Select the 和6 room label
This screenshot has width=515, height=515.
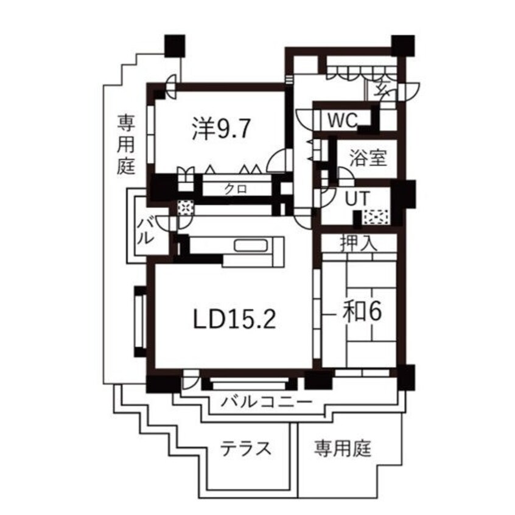(x=359, y=311)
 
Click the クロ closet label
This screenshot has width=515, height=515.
(x=235, y=189)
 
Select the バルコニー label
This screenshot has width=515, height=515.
(x=267, y=401)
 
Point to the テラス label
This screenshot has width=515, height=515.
(x=245, y=449)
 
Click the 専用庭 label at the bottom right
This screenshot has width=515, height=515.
(x=343, y=449)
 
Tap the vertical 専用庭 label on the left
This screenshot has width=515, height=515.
(x=126, y=146)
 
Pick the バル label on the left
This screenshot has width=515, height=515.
(x=144, y=230)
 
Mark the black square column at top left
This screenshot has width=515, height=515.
(x=175, y=44)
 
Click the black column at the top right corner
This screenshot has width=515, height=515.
(x=402, y=46)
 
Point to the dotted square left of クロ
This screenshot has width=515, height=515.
(x=184, y=208)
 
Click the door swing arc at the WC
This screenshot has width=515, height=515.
(x=304, y=117)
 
